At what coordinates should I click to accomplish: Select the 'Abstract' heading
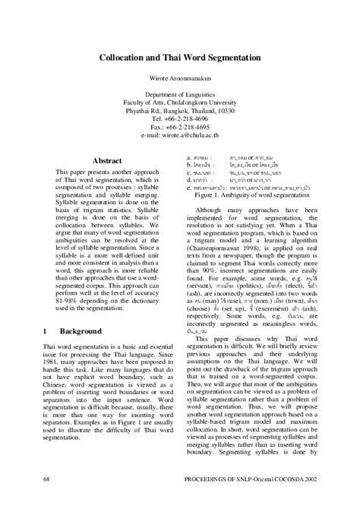click(107, 161)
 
